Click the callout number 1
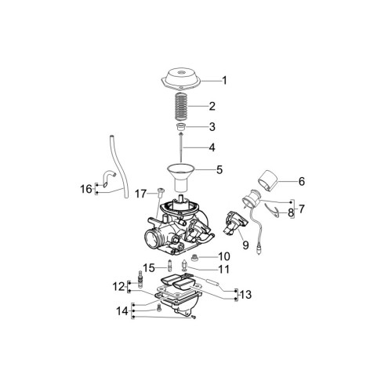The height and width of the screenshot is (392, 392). [x=224, y=80]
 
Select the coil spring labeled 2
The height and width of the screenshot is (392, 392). [x=181, y=107]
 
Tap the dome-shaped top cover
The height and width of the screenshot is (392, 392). [x=180, y=78]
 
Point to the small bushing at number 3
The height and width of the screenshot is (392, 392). [x=180, y=127]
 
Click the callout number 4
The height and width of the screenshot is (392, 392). [x=212, y=147]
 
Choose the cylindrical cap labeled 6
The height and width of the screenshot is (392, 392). [x=267, y=180]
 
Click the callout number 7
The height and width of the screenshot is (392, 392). [x=301, y=209]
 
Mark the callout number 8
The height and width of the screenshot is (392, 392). [x=291, y=213]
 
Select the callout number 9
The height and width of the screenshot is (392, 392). [x=245, y=245]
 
